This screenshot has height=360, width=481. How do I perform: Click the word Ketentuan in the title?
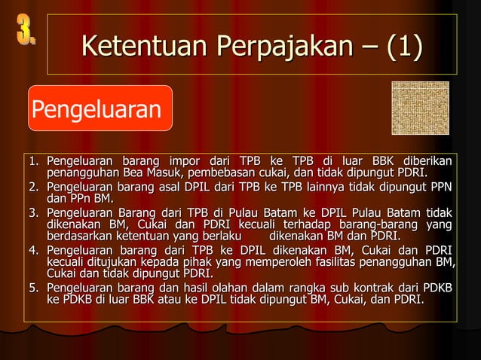(143, 47)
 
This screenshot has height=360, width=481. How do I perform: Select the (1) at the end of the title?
(403, 47)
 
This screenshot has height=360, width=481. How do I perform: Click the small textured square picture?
(420, 108)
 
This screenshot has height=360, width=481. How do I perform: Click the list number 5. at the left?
(35, 289)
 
